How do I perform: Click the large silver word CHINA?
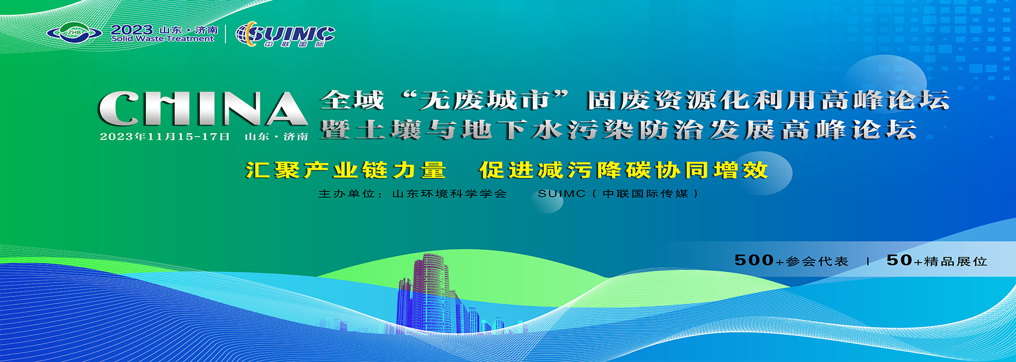click(203, 108)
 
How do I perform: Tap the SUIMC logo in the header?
click(285, 35)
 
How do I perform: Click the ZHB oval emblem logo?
click(74, 33)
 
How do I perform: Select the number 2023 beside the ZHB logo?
click(132, 30)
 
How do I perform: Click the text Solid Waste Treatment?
click(163, 39)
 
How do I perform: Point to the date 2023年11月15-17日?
click(165, 137)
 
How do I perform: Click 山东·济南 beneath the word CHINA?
click(276, 137)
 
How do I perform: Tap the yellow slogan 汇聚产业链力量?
click(346, 170)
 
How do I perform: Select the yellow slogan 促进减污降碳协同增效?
click(623, 170)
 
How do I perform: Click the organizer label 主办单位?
click(347, 194)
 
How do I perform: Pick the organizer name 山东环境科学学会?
click(449, 194)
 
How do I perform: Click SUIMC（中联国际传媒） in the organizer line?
click(618, 194)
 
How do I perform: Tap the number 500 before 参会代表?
click(754, 260)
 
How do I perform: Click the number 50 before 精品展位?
click(899, 260)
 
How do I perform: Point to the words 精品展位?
click(956, 261)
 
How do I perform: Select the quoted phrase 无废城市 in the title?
click(485, 101)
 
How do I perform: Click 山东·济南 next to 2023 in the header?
click(189, 30)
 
